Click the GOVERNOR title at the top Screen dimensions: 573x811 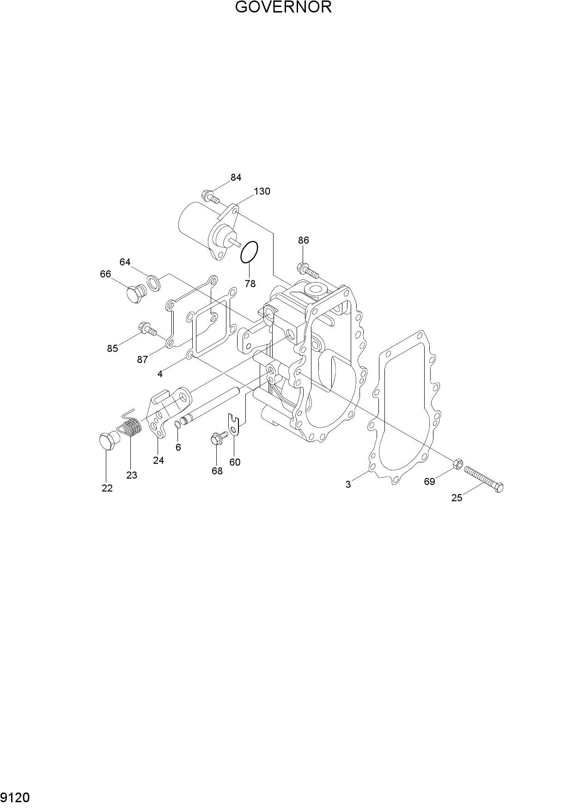tap(283, 7)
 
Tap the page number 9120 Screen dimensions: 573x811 tap(16, 798)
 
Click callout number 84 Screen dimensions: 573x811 tap(236, 178)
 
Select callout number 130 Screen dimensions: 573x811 tap(262, 191)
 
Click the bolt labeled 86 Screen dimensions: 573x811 tap(308, 270)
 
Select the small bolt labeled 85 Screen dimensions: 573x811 tap(147, 329)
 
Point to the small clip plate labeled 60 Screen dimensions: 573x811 tap(235, 425)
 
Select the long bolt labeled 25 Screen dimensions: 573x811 tap(483, 479)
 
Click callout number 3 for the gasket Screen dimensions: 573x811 tap(348, 485)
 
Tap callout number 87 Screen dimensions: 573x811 tap(142, 359)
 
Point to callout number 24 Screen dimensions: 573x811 tap(158, 461)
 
